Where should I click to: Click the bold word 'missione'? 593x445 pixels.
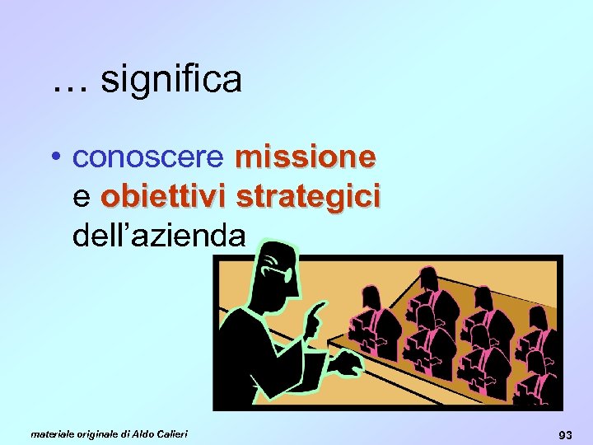coord(306,156)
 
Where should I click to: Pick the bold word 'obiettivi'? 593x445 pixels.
coord(164,197)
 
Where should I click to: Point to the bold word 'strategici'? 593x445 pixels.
coord(308,197)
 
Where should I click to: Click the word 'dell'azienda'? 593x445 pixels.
coord(159,237)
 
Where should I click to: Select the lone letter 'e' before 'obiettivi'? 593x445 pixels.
coord(82,199)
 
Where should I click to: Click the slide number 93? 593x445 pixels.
coord(566,433)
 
